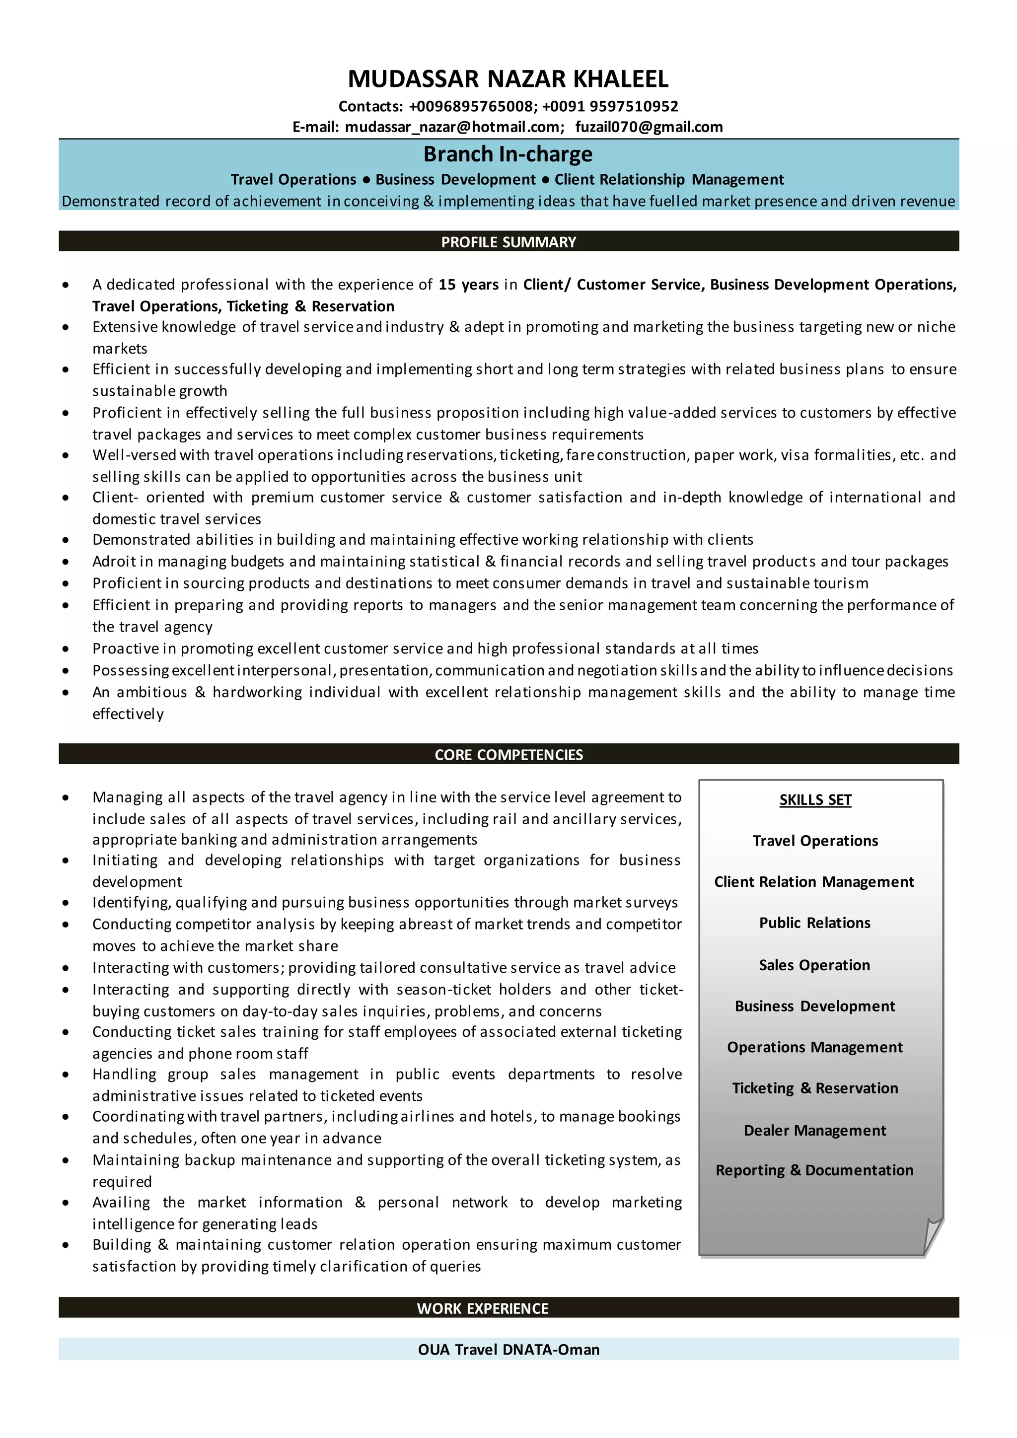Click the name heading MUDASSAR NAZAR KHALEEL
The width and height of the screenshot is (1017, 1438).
[x=508, y=79]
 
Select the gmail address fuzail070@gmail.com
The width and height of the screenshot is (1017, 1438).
[x=649, y=127]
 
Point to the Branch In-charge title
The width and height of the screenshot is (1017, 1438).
[x=508, y=154]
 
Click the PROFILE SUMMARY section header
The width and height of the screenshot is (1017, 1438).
[x=508, y=242]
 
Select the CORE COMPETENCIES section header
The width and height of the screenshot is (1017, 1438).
[x=508, y=755]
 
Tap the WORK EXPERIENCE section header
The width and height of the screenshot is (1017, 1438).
[x=482, y=1308]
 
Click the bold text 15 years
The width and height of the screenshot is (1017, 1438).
[x=468, y=285]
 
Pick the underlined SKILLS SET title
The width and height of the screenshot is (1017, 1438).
[x=815, y=800]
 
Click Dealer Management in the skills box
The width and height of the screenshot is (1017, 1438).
[x=815, y=1131]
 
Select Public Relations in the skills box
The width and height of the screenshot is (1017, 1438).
[x=815, y=923]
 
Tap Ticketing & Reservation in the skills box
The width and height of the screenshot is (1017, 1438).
[x=815, y=1088]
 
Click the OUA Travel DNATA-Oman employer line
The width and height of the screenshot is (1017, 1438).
[x=508, y=1350]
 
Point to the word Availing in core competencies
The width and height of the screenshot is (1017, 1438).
[x=121, y=1203]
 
